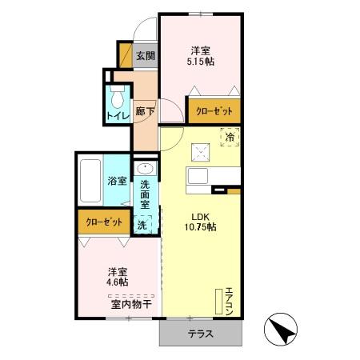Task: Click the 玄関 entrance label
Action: (145, 56)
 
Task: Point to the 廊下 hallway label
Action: (145, 112)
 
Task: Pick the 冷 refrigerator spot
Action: (230, 137)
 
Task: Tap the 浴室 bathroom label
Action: (118, 180)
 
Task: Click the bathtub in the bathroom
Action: (90, 180)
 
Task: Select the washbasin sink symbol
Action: (145, 169)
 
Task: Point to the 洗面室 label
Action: (145, 194)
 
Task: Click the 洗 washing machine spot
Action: (142, 226)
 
